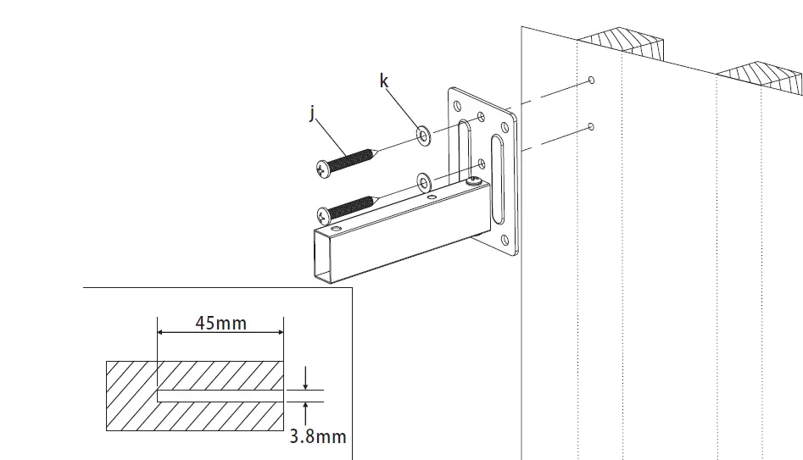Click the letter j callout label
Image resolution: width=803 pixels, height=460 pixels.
[313, 112]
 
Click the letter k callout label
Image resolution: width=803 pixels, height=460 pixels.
[384, 80]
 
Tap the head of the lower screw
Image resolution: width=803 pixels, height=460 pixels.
[323, 214]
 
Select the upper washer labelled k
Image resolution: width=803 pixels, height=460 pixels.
[422, 134]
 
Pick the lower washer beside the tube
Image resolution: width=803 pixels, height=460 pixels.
[424, 180]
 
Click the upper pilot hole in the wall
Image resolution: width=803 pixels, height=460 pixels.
[591, 80]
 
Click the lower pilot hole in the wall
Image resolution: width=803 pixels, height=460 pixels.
[591, 127]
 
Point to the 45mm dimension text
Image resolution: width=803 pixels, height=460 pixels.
[220, 324]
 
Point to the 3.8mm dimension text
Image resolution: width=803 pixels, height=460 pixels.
[318, 436]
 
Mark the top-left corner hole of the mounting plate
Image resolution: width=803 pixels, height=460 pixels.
[458, 106]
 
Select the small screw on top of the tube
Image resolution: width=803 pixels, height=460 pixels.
[477, 180]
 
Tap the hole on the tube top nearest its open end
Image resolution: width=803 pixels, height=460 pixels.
[337, 229]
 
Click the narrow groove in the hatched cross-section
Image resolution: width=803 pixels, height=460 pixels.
[220, 396]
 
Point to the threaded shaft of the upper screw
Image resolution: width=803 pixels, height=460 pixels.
[352, 158]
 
